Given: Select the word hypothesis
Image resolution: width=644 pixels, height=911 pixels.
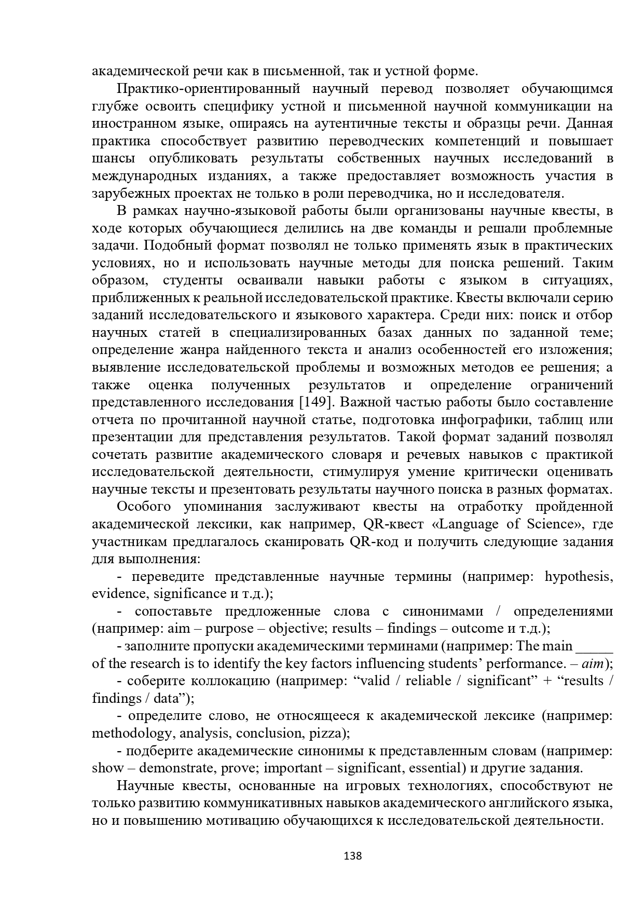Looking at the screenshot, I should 579,577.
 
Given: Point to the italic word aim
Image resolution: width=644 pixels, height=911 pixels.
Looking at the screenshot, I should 593,664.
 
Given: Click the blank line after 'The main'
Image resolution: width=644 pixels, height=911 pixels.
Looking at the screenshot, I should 595,646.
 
